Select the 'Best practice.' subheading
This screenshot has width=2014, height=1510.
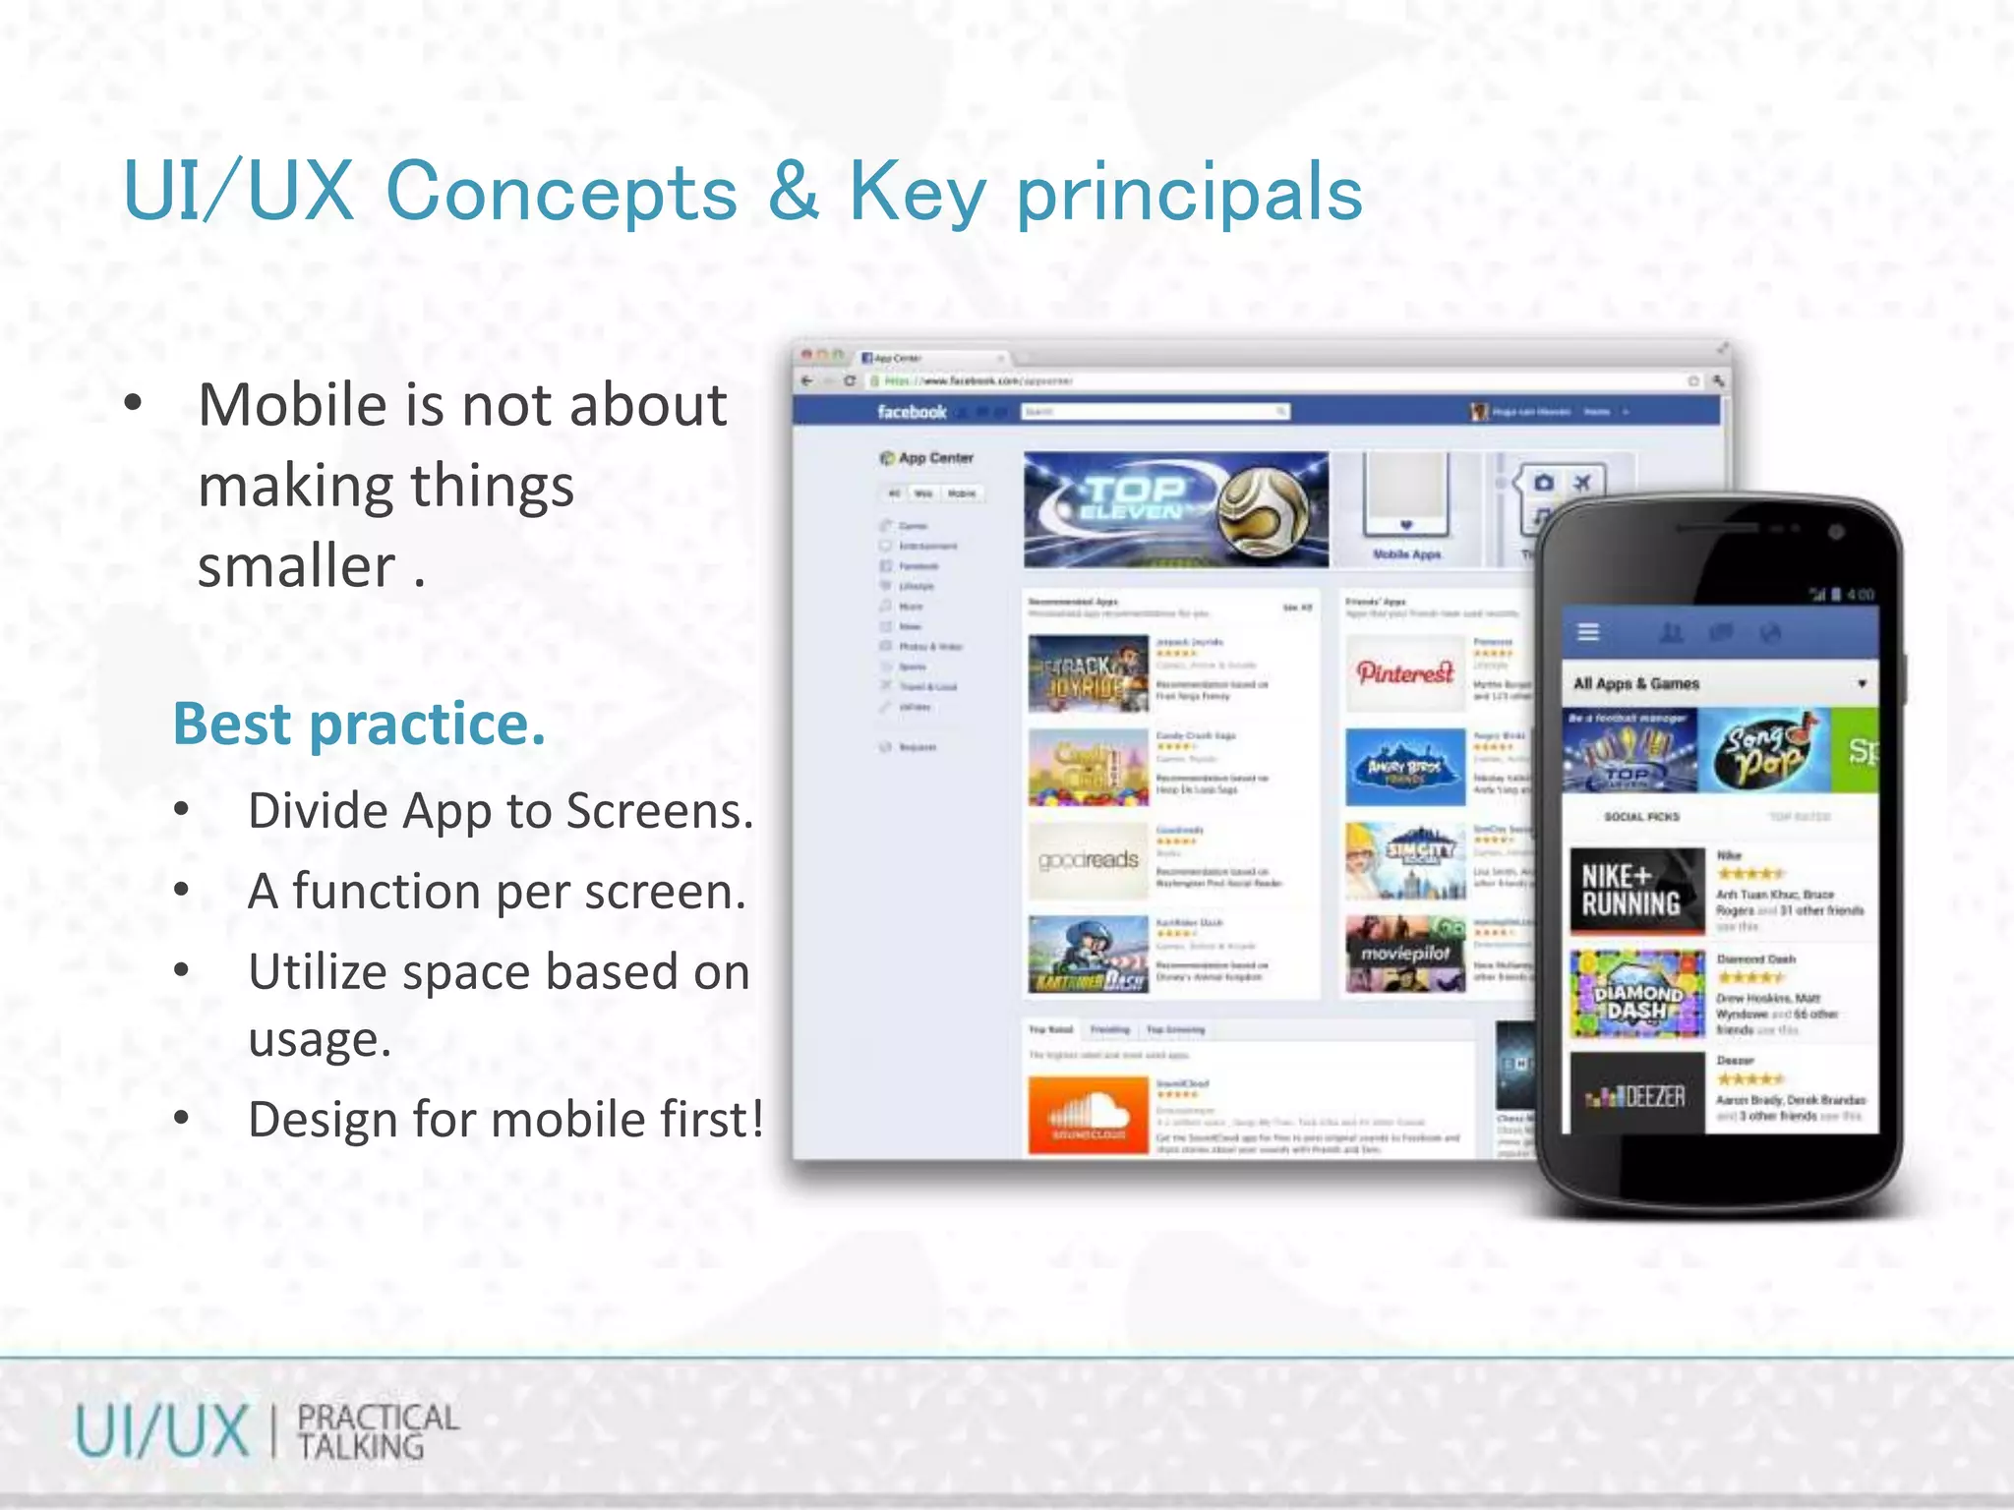pyautogui.click(x=359, y=724)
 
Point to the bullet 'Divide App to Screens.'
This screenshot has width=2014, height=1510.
pyautogui.click(x=500, y=811)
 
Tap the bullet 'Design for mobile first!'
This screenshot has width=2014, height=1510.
pyautogui.click(x=505, y=1120)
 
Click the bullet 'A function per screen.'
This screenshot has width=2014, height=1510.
pyautogui.click(x=497, y=892)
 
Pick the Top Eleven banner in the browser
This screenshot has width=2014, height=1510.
pyautogui.click(x=1175, y=509)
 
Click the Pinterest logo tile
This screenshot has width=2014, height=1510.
pyautogui.click(x=1404, y=673)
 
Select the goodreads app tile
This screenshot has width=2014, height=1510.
pyautogui.click(x=1088, y=861)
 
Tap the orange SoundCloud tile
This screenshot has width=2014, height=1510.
pyautogui.click(x=1088, y=1114)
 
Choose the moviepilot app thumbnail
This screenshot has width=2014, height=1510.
pyautogui.click(x=1404, y=954)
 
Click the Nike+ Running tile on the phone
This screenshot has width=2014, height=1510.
pyautogui.click(x=1636, y=891)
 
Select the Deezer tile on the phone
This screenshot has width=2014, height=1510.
pyautogui.click(x=1636, y=1094)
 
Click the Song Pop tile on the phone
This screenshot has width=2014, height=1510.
pyautogui.click(x=1764, y=751)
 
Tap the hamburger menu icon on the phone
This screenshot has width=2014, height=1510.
pyautogui.click(x=1588, y=632)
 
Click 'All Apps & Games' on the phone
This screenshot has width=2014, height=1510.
pyautogui.click(x=1636, y=683)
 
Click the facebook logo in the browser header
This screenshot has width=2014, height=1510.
pyautogui.click(x=911, y=412)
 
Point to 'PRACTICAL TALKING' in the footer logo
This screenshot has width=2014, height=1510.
pyautogui.click(x=378, y=1431)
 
